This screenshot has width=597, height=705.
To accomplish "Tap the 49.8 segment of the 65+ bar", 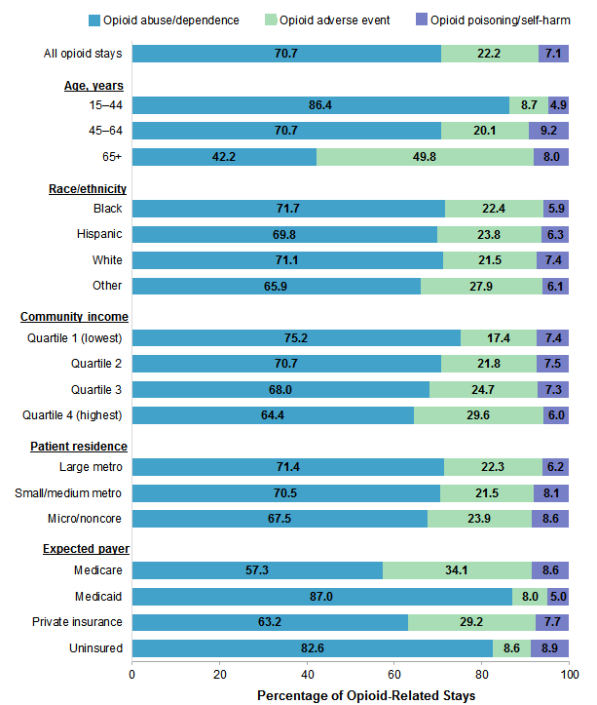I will pyautogui.click(x=425, y=157).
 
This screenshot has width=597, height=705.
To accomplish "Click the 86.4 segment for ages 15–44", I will pyautogui.click(x=320, y=105).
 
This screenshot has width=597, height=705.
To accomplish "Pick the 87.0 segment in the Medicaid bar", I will pyautogui.click(x=321, y=596).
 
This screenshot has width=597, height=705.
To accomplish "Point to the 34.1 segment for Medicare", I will pyautogui.click(x=457, y=570).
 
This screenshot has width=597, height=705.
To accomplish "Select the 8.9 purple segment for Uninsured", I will pyautogui.click(x=550, y=647).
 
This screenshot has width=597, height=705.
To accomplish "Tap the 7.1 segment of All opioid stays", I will pyautogui.click(x=553, y=54).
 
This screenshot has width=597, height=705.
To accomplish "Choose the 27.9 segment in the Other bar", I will pyautogui.click(x=481, y=286).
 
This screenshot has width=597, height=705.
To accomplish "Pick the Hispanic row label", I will pyautogui.click(x=99, y=234).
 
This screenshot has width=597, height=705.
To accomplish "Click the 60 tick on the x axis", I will pyautogui.click(x=394, y=673).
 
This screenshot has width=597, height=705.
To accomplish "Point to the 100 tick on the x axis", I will pyautogui.click(x=569, y=673).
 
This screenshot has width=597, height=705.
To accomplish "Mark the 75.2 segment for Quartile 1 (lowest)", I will pyautogui.click(x=296, y=337).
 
